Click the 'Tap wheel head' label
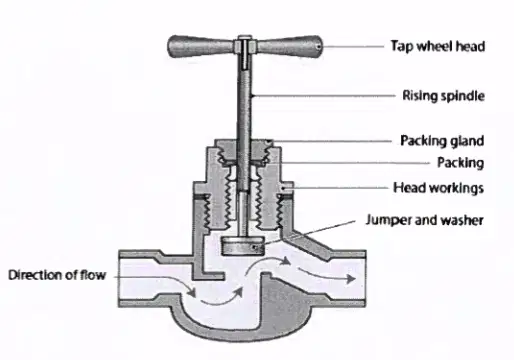tap(438, 46)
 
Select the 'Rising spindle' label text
tap(443, 96)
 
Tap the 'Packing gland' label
tap(442, 141)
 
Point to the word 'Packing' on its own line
tap(460, 163)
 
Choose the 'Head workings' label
tap(438, 188)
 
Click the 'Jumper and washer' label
tap(424, 220)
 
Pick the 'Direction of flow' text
tap(57, 275)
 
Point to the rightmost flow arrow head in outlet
tap(350, 279)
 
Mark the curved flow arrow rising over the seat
tap(268, 263)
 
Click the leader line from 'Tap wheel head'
tap(353, 47)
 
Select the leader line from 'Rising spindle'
tap(324, 96)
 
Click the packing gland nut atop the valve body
tap(244, 151)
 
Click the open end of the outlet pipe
tap(363, 278)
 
